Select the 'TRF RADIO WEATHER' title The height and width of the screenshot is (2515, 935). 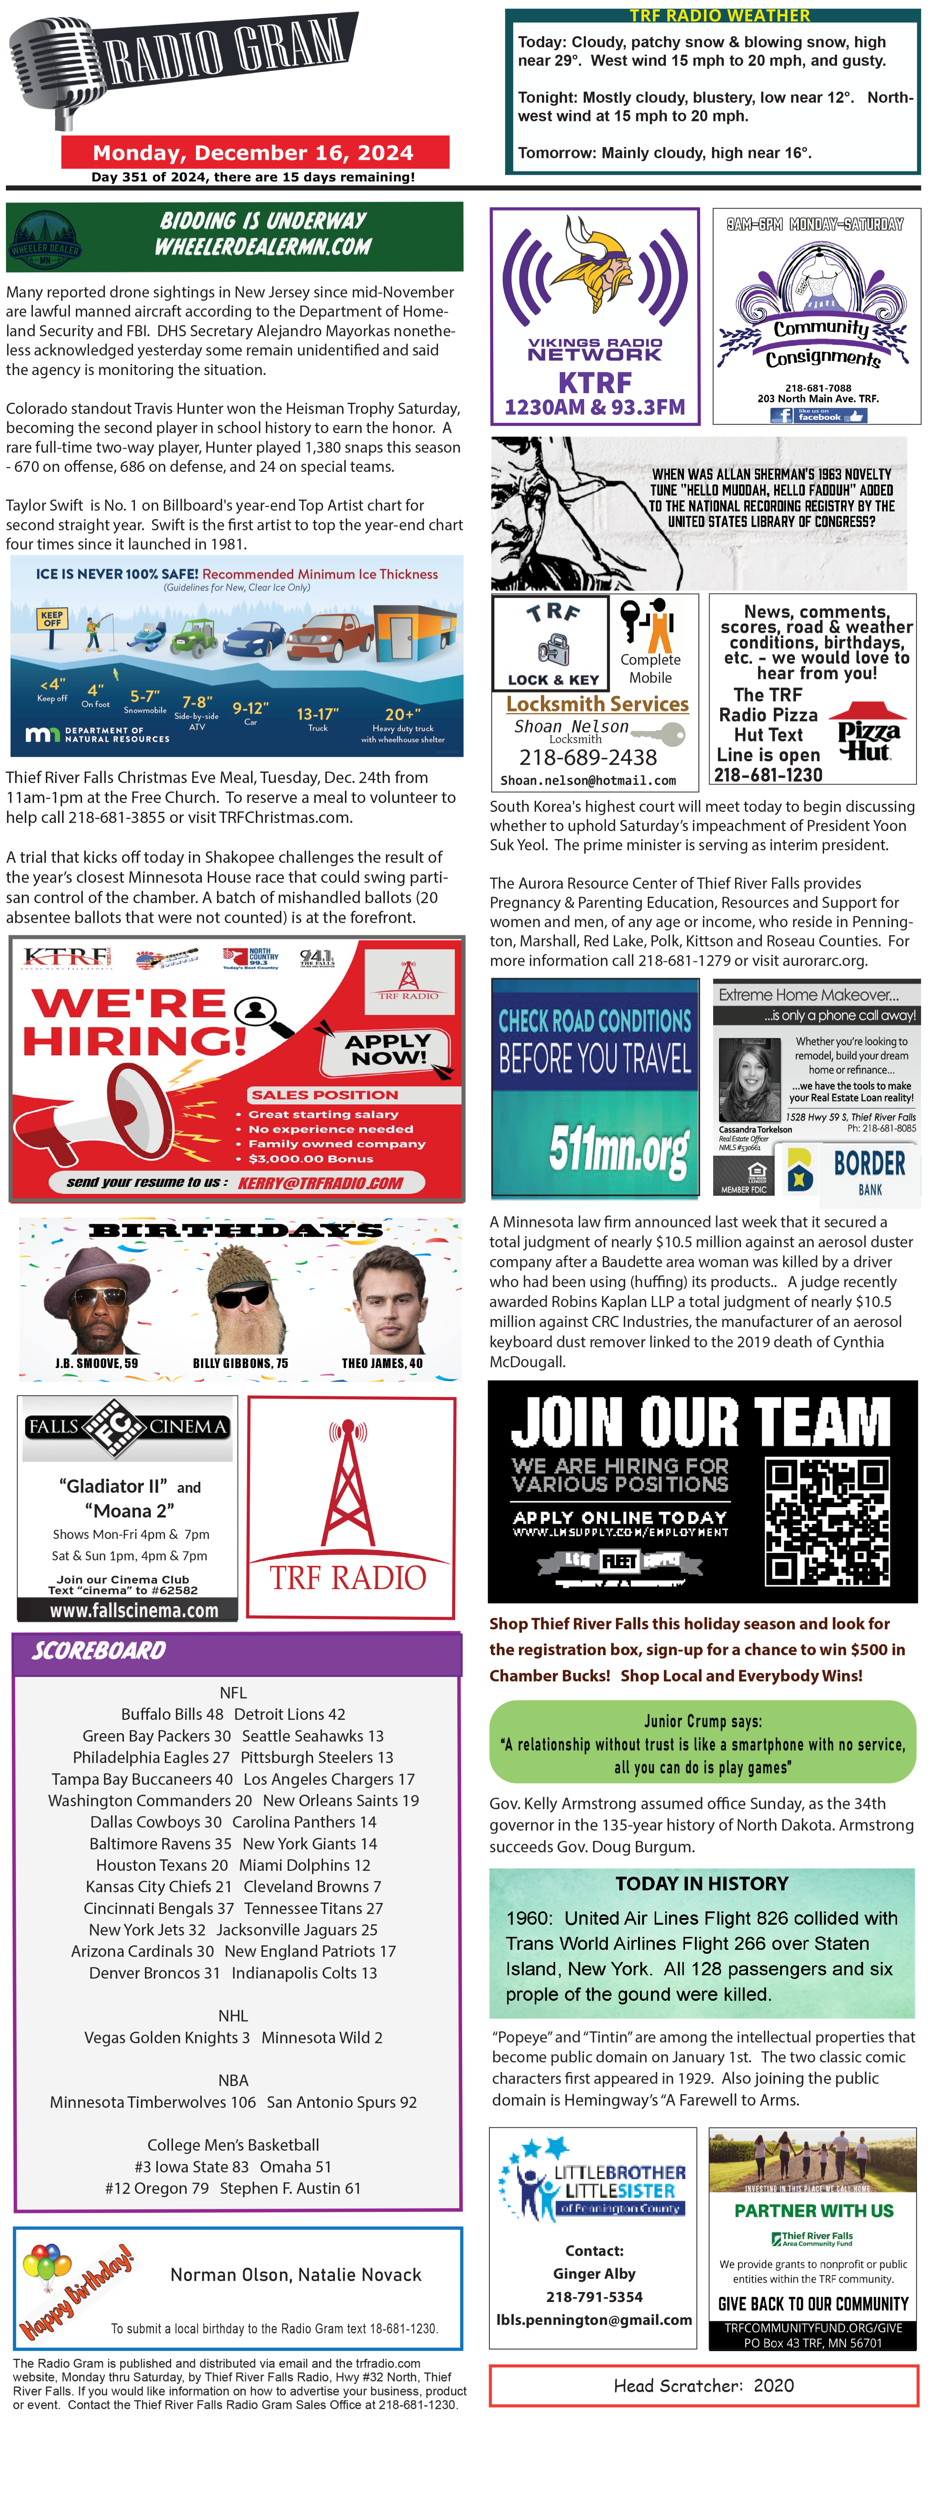pyautogui.click(x=719, y=16)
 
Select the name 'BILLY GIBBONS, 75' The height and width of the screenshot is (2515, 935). pyautogui.click(x=240, y=1363)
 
